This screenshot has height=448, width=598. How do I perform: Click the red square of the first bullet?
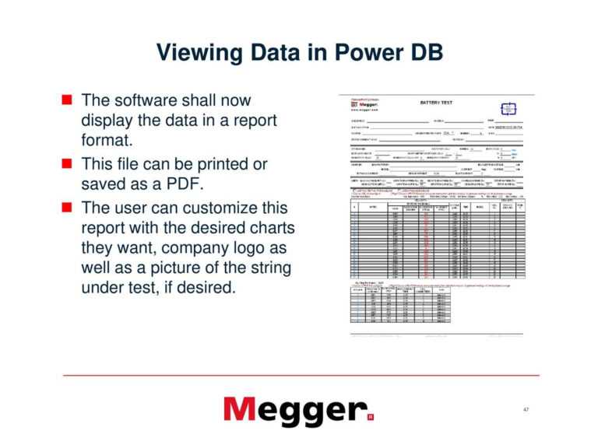tap(67, 100)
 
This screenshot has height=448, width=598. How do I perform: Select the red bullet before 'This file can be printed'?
tap(67, 165)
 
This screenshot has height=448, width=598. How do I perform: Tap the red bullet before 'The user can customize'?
tap(67, 208)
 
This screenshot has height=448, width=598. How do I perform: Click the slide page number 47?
tap(526, 410)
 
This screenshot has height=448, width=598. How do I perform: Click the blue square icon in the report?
tap(508, 110)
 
